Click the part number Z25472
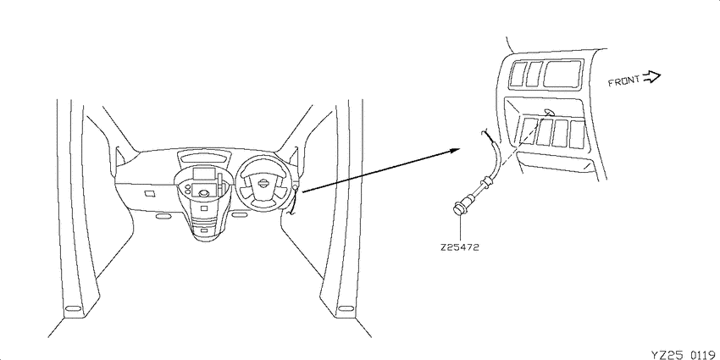(x=459, y=247)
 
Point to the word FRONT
(x=623, y=81)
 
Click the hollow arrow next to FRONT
(x=651, y=77)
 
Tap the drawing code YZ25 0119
(x=684, y=354)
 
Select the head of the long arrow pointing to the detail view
(x=455, y=150)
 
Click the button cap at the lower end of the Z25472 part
(x=457, y=208)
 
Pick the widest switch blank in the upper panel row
(x=563, y=74)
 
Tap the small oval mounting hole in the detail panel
(x=548, y=112)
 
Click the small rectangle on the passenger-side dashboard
(x=150, y=194)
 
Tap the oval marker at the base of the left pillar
(x=72, y=307)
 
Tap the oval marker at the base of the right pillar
(x=346, y=307)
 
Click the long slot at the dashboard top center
(x=205, y=158)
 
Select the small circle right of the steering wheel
(x=294, y=187)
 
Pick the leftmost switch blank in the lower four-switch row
(x=528, y=130)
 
